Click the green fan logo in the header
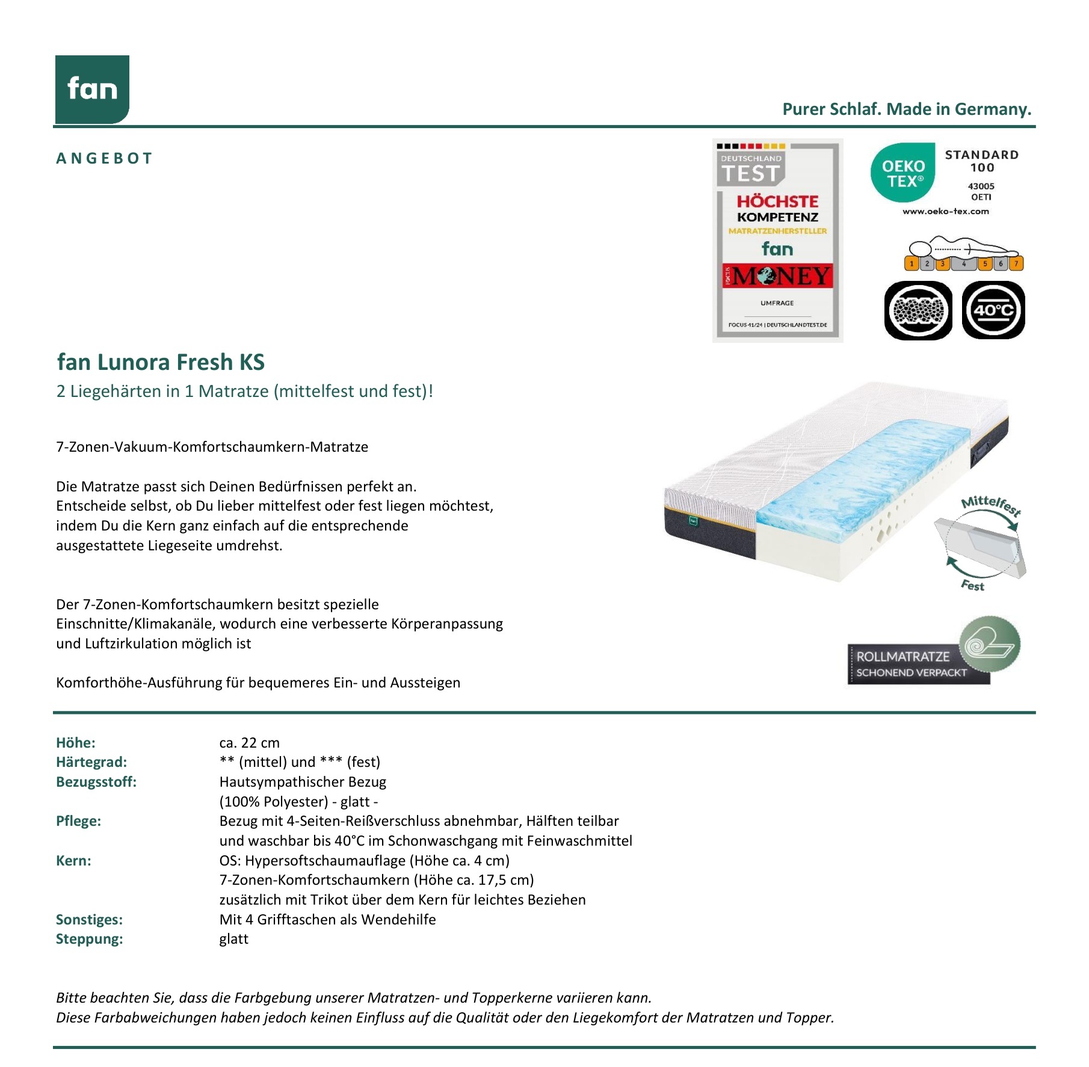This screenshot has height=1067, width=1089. pos(92,89)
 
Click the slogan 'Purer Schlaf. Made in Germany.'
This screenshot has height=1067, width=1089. pos(906,109)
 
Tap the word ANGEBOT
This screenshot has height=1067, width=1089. pos(105,158)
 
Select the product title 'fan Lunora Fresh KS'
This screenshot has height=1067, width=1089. pos(161,362)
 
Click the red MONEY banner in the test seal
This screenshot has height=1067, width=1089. pos(777,276)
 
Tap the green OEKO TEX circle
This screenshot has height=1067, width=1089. pos(902,173)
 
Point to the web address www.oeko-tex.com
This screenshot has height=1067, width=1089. pos(945,211)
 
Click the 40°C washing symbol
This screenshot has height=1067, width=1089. pos(993,310)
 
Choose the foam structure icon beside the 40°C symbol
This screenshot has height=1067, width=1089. pos(918,310)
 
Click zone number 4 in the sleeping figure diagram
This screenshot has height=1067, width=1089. pos(964,263)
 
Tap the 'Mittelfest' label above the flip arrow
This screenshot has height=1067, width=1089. pos(990,505)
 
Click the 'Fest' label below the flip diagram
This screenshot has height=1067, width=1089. pos(972,585)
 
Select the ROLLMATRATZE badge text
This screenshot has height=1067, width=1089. pos(903,656)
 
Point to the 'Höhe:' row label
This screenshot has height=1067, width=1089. pos(76,743)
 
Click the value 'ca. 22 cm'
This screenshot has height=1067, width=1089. pos(249,743)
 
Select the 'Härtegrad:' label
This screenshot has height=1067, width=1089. pos(91,762)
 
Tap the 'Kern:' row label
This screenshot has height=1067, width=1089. pos(73,861)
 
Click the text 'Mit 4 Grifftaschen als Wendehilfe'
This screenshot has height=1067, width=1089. pos(327,920)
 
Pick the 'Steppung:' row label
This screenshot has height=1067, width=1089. pos(89,939)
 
